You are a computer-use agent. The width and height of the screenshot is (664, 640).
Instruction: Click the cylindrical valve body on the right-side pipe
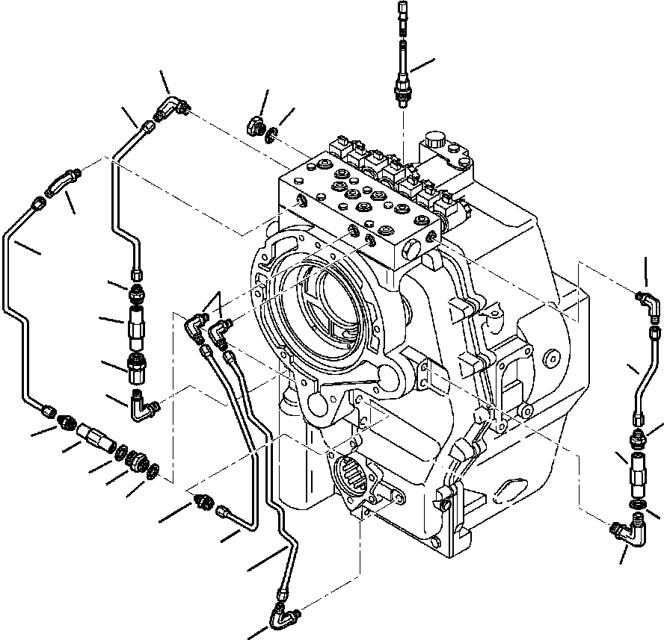click(x=636, y=475)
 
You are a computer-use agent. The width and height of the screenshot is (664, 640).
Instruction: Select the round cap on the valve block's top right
click(x=434, y=141)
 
